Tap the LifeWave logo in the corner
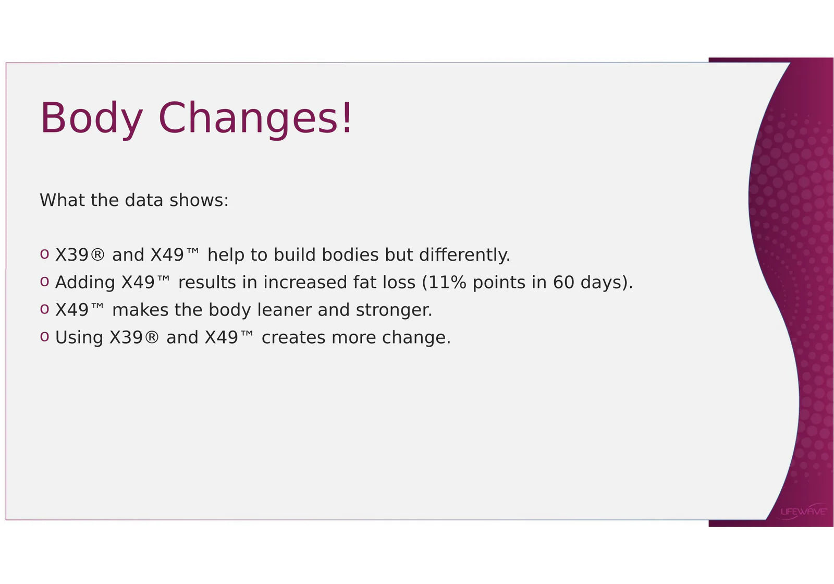pos(803,512)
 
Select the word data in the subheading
pos(144,200)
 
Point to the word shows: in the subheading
pos(199,200)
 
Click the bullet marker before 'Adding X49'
pos(44,282)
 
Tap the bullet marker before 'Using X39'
pos(44,337)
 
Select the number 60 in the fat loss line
pos(563,282)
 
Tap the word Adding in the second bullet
pos(85,283)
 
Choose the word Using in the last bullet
pos(79,338)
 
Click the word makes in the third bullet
pos(140,310)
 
